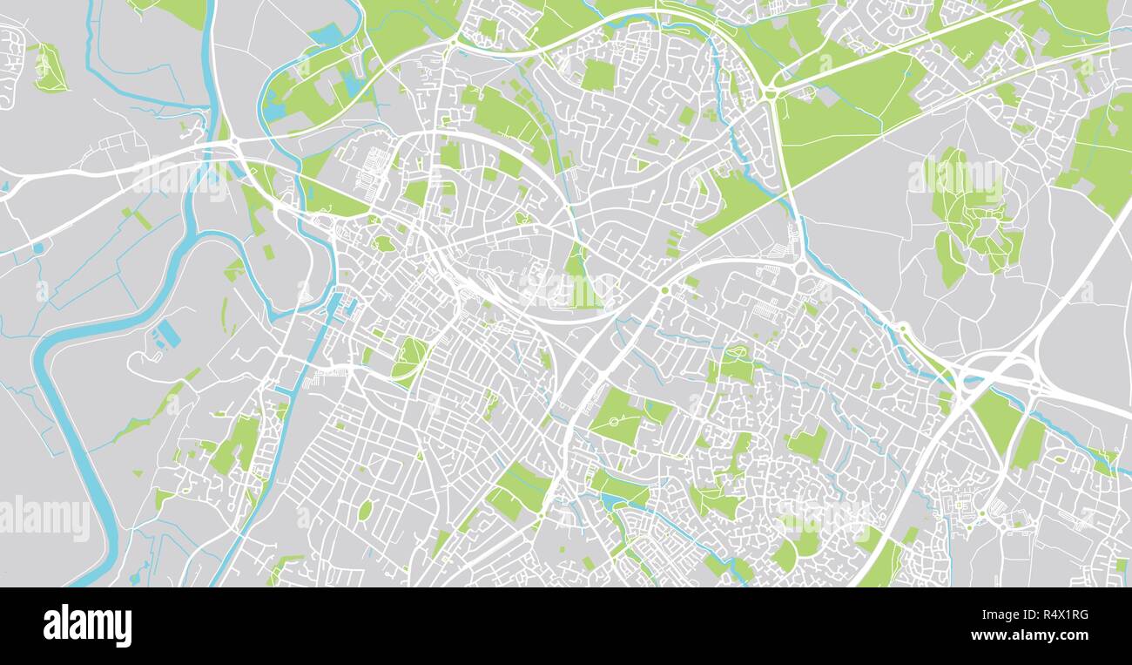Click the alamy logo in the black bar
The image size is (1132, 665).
(87, 626)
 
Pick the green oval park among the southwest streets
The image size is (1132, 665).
(365, 510)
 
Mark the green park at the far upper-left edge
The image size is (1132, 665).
(49, 69)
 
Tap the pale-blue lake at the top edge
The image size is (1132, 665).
(327, 36)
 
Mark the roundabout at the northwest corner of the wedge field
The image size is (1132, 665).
(770, 92)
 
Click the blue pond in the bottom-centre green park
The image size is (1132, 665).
(607, 502)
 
